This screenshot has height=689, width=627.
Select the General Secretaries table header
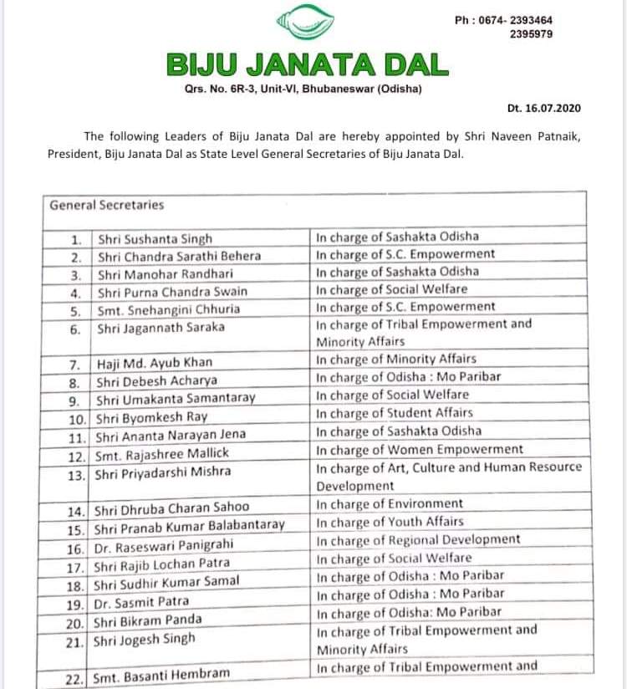coord(107,204)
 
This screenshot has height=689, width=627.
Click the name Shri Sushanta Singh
coord(155,238)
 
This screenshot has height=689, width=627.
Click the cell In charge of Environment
coord(389,503)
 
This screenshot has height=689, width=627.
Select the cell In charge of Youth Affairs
coord(390,522)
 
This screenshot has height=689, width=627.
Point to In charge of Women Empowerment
coord(420,449)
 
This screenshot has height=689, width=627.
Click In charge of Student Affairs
coord(395,412)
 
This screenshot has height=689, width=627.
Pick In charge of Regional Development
coord(418,539)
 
